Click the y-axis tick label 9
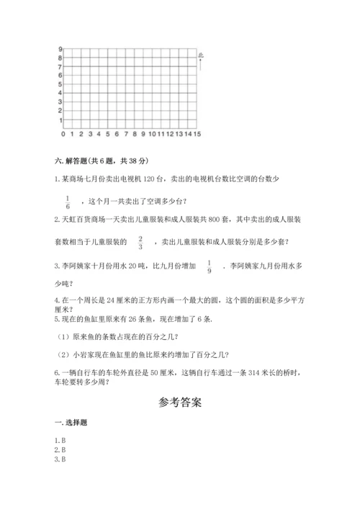pyautogui.click(x=59, y=49)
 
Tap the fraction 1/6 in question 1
pyautogui.click(x=67, y=202)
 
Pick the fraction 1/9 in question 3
pyautogui.click(x=210, y=267)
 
